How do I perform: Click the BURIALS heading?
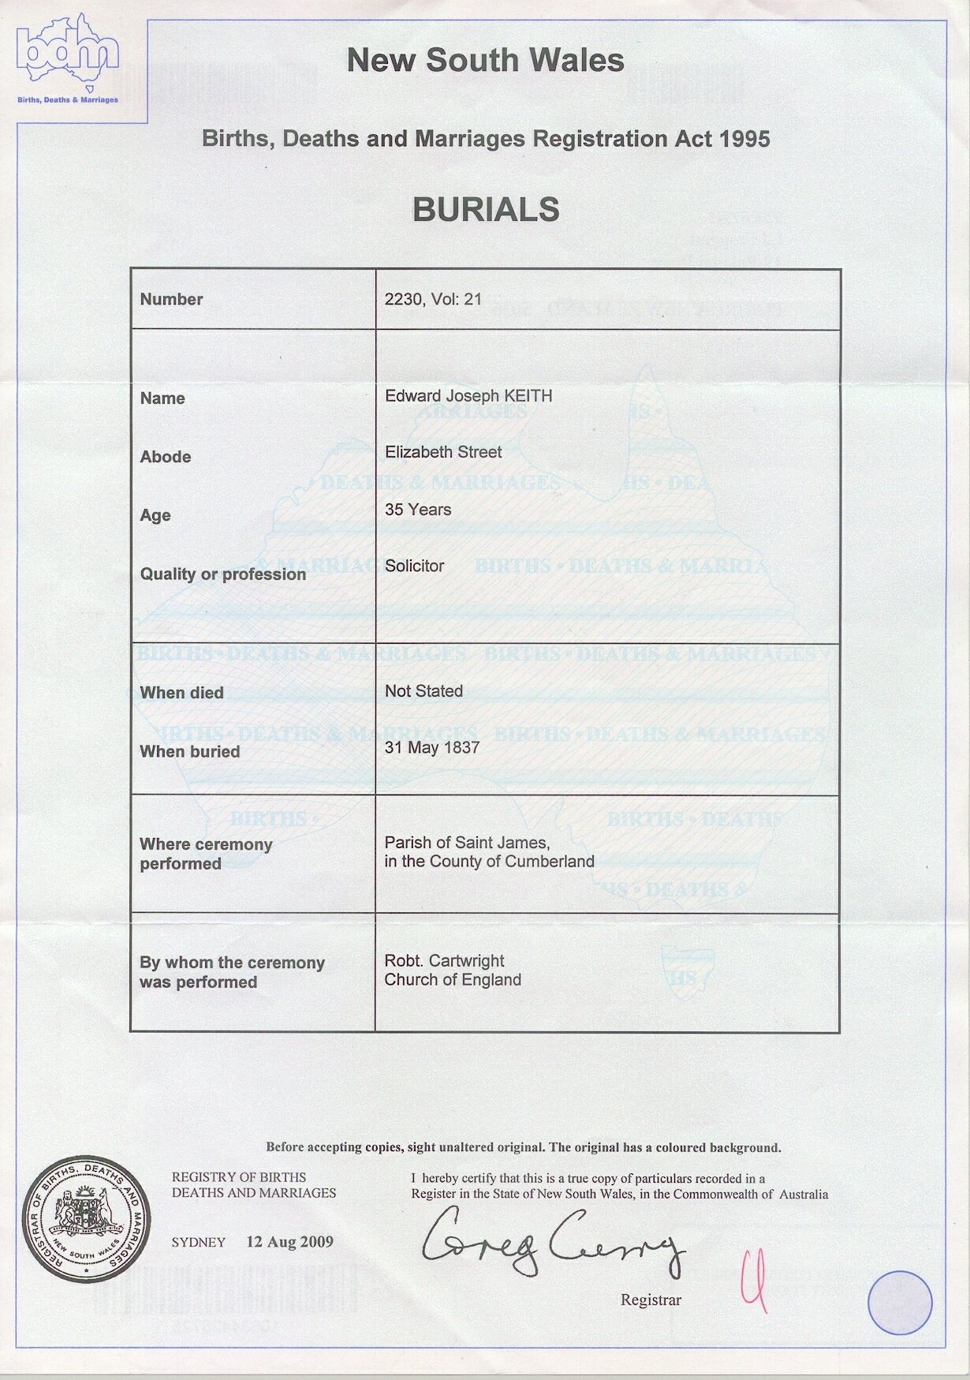tap(486, 210)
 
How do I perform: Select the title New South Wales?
tap(485, 61)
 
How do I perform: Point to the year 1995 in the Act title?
tap(744, 139)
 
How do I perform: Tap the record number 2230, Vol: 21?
tap(432, 300)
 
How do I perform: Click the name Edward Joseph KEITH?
tap(468, 395)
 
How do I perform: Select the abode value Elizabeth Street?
tap(443, 452)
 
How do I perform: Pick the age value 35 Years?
tap(418, 510)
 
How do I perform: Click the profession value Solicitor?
tap(415, 566)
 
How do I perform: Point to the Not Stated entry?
tap(423, 691)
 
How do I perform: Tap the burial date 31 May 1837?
tap(432, 747)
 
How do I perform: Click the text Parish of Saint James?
tap(467, 843)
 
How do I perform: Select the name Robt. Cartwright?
tap(445, 961)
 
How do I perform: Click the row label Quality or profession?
tap(223, 574)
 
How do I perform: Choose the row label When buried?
tap(190, 752)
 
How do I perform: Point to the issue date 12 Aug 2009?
tap(289, 1242)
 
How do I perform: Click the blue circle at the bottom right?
tap(900, 1303)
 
